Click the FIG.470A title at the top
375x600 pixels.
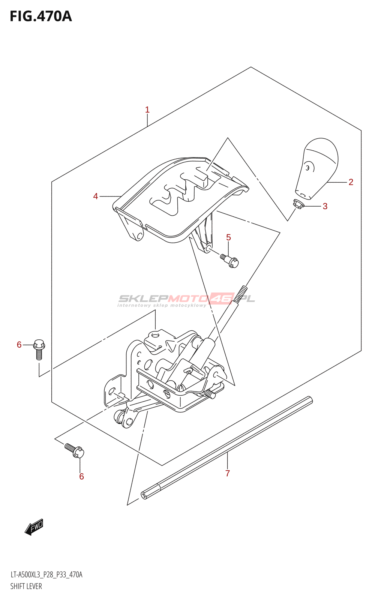[x=40, y=16]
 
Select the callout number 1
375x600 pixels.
[x=147, y=110]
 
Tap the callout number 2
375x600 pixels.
[x=351, y=182]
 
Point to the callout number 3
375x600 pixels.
[x=325, y=206]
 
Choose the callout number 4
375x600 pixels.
[x=96, y=196]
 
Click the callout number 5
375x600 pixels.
[x=228, y=237]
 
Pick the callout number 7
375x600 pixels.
[x=228, y=474]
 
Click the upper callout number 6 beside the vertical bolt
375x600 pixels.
[x=19, y=345]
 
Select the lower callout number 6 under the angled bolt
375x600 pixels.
[x=81, y=477]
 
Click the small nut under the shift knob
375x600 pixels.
[x=298, y=204]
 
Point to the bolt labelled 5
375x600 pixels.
[x=229, y=260]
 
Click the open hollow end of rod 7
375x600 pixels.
[x=144, y=495]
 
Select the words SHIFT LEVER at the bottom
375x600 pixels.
[x=26, y=586]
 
